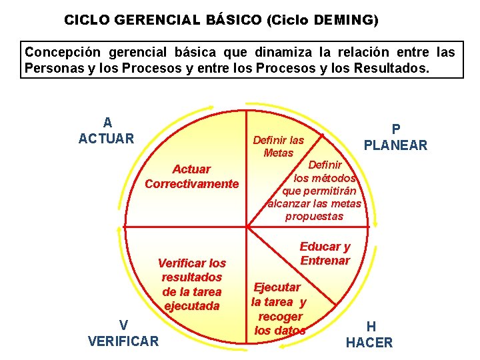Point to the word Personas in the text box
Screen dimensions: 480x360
53,68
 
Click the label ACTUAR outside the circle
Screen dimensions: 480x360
107,139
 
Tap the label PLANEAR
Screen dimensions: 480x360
395,145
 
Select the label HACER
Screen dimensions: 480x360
369,343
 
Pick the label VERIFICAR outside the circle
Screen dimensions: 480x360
123,341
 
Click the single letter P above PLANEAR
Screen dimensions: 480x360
395,129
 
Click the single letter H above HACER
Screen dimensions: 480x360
371,327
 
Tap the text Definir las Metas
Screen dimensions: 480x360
279,147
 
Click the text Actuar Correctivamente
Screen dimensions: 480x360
191,177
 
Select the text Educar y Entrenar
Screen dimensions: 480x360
325,253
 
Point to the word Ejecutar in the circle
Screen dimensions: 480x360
277,287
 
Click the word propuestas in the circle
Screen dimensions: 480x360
314,216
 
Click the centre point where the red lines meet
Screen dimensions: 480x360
247,226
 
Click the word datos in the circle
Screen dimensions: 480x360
289,331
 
